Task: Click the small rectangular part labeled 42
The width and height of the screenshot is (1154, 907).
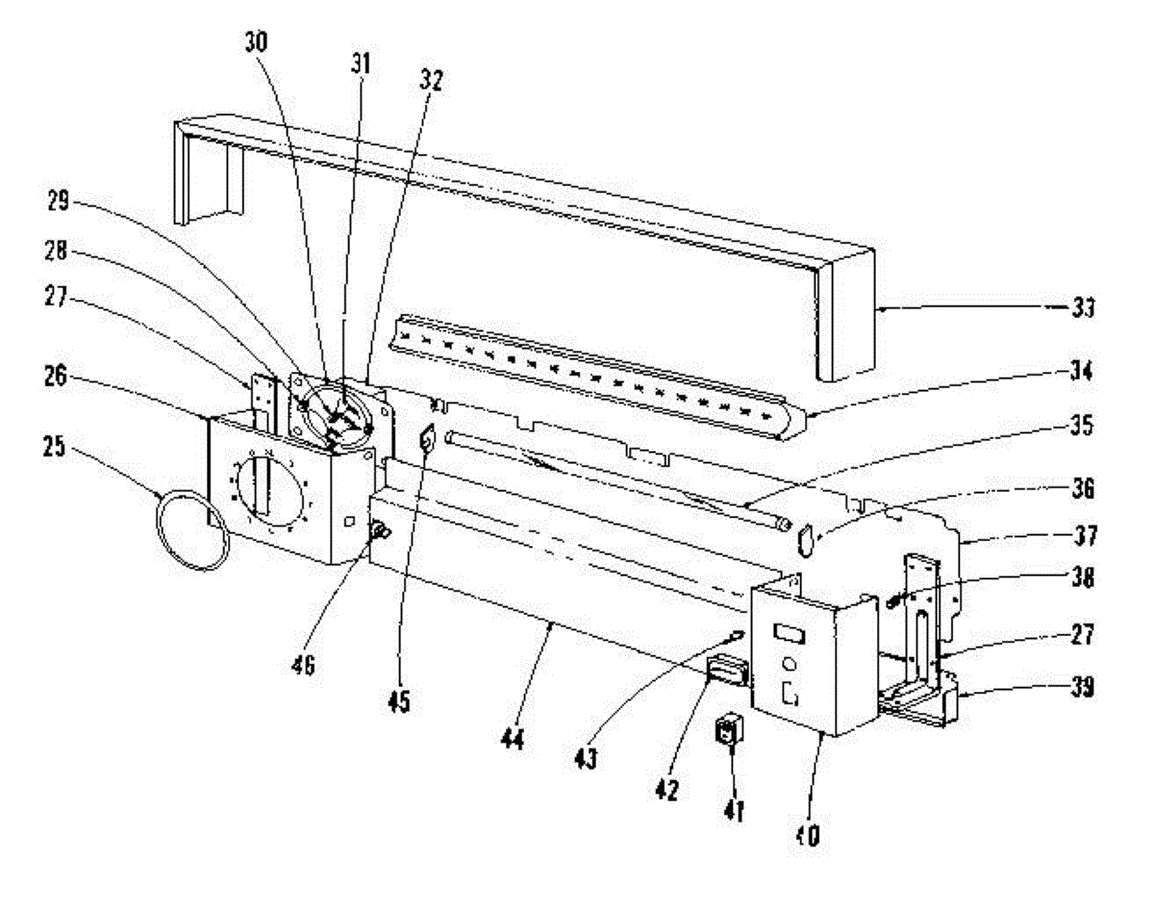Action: pyautogui.click(x=727, y=669)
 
